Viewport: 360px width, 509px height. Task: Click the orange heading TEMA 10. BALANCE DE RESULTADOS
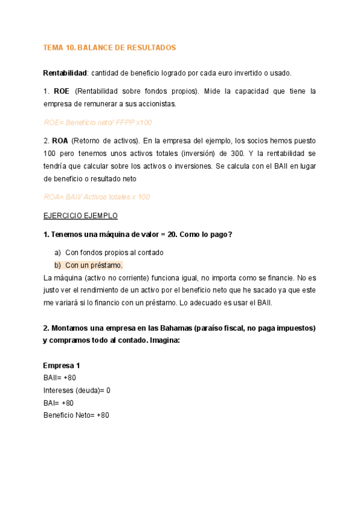tap(109, 47)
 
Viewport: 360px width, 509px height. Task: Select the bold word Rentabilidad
tap(65, 73)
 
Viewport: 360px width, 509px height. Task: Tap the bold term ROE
tap(61, 91)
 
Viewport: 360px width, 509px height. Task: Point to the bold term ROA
tap(61, 141)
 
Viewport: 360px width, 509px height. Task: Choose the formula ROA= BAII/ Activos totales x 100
tap(97, 197)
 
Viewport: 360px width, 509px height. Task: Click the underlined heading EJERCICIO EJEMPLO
tap(80, 215)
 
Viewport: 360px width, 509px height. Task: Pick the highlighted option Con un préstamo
tap(94, 265)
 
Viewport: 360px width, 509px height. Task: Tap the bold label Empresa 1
tap(61, 366)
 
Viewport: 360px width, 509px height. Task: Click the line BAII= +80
tap(59, 378)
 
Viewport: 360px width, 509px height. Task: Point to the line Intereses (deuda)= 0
tap(77, 391)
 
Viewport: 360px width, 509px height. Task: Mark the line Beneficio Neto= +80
tap(76, 415)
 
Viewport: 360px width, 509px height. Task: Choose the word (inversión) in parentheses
tap(199, 154)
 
